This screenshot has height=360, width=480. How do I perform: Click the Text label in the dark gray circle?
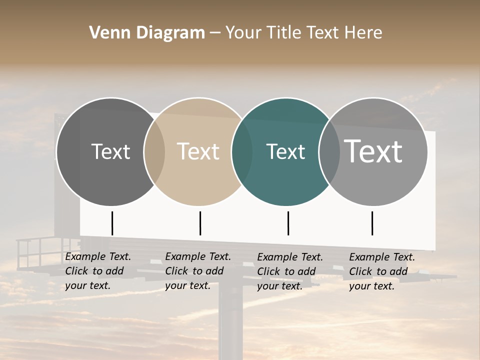click(110, 151)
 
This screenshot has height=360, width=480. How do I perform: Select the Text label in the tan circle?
click(198, 151)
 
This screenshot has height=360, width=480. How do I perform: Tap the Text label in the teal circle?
click(285, 151)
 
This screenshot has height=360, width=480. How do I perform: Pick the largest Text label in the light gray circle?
click(373, 151)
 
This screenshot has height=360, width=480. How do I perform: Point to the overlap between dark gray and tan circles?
click(154, 151)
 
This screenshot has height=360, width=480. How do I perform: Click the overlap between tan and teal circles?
click(242, 151)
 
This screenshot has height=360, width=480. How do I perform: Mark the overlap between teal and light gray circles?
click(329, 151)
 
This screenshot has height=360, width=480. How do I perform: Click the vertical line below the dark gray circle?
click(112, 223)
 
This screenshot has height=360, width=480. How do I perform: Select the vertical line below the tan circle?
click(200, 223)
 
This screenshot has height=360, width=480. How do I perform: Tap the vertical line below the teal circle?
click(288, 223)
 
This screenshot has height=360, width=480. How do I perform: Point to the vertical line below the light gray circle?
click(372, 223)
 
